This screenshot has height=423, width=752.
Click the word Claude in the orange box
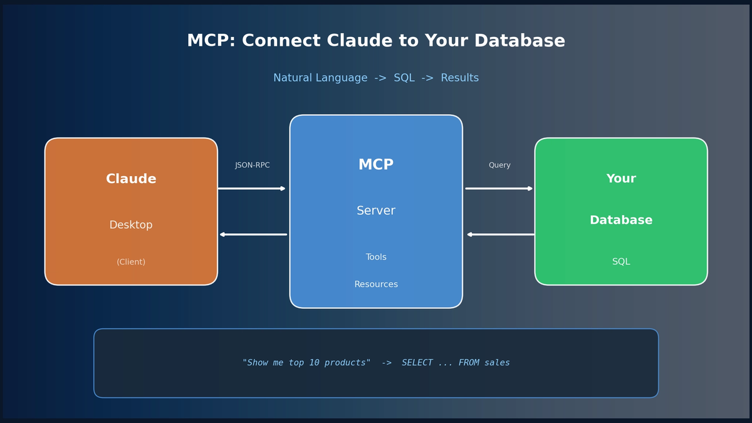131,179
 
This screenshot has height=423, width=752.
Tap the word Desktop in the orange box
131,224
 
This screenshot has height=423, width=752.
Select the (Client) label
131,262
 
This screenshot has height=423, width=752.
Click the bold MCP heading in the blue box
376,164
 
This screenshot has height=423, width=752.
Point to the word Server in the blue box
376,211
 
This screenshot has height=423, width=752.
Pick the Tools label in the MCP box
376,257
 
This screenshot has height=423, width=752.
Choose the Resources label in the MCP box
376,284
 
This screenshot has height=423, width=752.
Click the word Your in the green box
621,179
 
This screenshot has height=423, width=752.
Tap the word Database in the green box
621,220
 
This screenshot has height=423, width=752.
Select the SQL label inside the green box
621,261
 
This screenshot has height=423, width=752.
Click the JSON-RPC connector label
253,165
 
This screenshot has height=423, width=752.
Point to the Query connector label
499,165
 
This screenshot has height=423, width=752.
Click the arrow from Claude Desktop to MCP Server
252,189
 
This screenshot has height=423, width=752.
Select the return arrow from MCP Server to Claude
253,234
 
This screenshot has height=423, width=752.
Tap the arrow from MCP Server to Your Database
499,189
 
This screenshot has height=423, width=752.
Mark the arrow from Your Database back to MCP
501,234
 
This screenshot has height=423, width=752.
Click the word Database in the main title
520,41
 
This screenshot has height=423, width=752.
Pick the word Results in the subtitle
459,78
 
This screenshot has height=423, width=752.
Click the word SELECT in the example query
417,363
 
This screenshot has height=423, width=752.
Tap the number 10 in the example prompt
314,363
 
